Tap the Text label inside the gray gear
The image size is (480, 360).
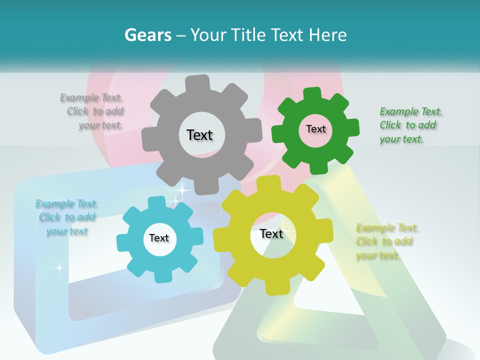click(x=199, y=135)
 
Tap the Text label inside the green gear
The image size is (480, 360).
click(x=315, y=129)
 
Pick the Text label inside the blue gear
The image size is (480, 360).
click(x=159, y=238)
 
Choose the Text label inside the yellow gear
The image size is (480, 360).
click(x=271, y=233)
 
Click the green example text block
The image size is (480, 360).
click(x=410, y=125)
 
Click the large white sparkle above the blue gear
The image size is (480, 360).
click(x=182, y=190)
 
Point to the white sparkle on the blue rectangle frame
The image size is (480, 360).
click(x=59, y=268)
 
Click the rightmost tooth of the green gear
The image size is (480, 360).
click(x=352, y=127)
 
